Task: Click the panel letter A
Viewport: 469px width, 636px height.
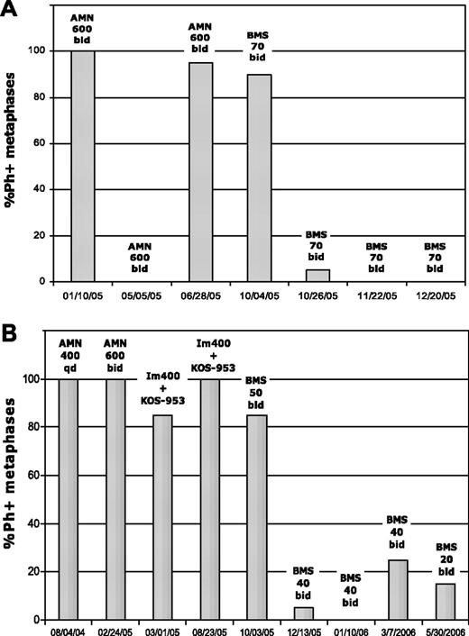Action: [x=12, y=12]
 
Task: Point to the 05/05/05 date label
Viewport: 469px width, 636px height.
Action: [x=144, y=295]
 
